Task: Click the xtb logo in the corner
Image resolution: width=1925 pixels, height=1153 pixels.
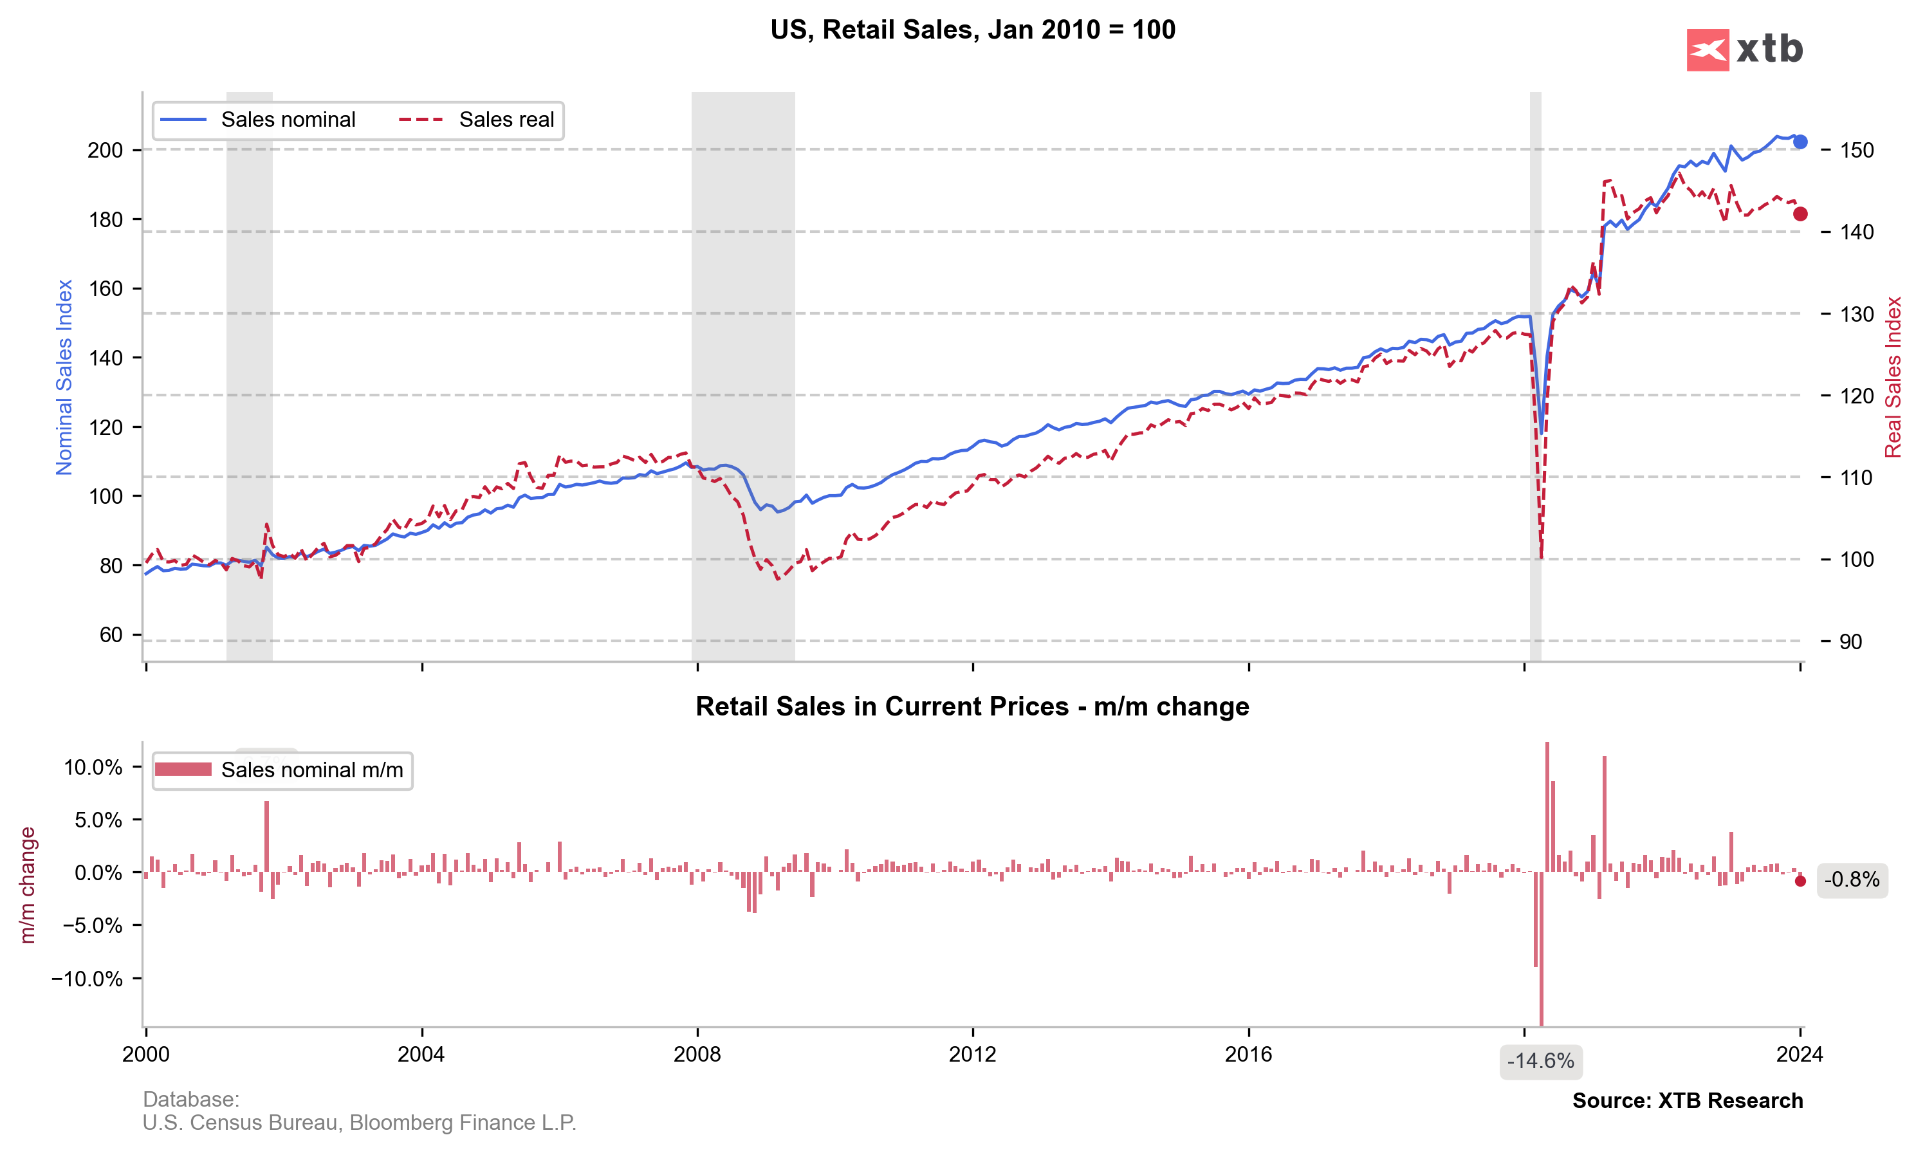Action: (1744, 50)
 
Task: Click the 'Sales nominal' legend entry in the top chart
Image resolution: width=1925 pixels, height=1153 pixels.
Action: (288, 120)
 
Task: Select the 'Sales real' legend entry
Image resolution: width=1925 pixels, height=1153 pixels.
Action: (506, 120)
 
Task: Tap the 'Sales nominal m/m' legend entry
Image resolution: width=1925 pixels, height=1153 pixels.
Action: (311, 770)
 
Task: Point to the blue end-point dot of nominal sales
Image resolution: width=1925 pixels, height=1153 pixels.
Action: (1800, 142)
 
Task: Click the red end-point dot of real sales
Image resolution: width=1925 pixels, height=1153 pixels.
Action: (1800, 214)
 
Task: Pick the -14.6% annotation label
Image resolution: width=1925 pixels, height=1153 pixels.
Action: (1540, 1062)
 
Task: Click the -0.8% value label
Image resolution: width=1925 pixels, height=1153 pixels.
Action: (1852, 880)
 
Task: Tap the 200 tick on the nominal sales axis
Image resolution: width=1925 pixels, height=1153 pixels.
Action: (106, 150)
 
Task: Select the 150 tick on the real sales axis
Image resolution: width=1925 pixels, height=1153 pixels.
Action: (1857, 150)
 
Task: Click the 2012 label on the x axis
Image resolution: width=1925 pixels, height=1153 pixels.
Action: (973, 1055)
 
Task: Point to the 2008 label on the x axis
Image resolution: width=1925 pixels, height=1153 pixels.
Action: (697, 1055)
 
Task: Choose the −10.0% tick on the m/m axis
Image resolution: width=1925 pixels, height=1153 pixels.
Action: (87, 978)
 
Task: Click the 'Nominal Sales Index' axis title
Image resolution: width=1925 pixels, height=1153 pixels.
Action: (64, 377)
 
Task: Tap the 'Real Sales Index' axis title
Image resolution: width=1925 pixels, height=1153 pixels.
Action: (1893, 377)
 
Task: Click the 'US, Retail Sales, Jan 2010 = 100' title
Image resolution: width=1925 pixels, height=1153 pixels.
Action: (973, 30)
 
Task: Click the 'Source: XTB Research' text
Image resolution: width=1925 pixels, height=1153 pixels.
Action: (1688, 1101)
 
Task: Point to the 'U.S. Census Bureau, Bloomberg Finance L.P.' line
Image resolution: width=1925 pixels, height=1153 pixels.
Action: (359, 1123)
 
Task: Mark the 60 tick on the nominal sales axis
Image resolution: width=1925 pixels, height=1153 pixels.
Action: (111, 635)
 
